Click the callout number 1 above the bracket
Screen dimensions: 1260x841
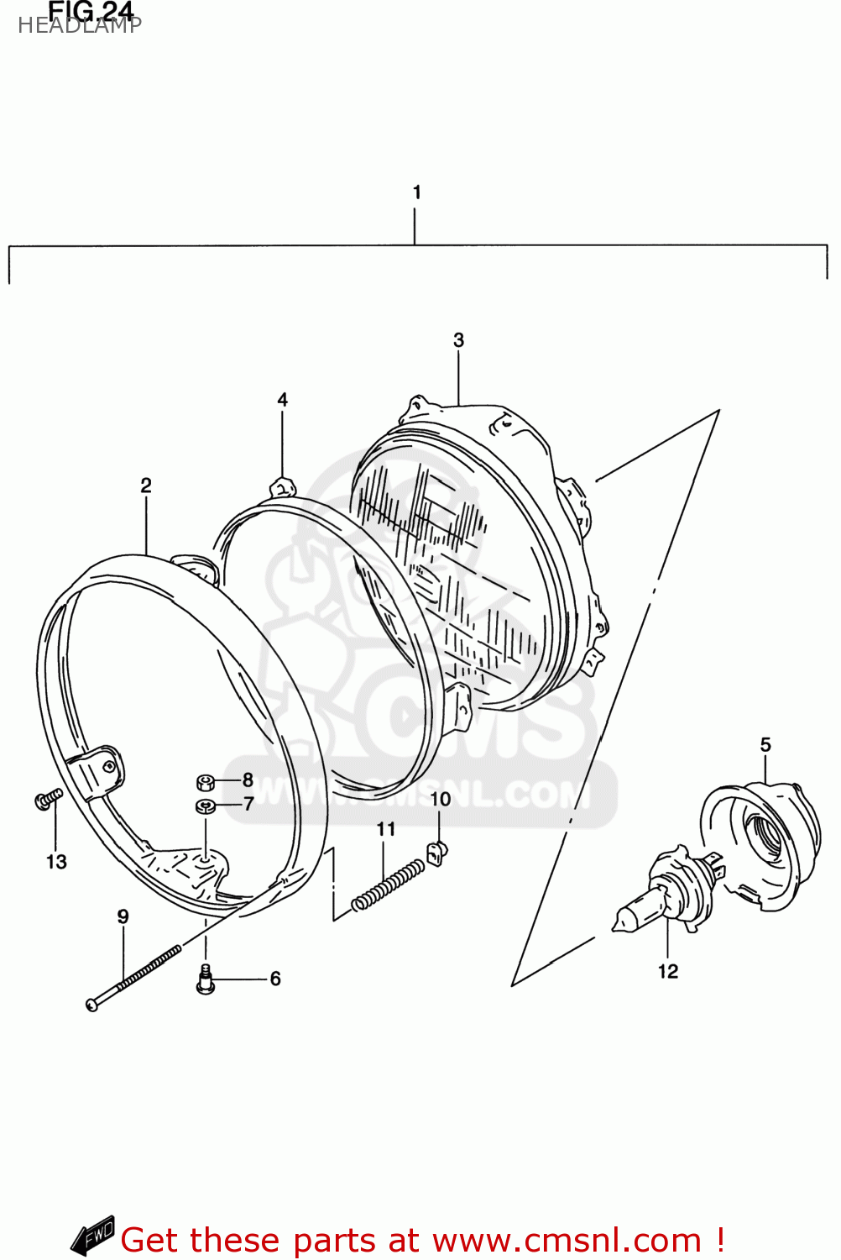[x=416, y=192]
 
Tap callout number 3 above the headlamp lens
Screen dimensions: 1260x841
[x=458, y=340]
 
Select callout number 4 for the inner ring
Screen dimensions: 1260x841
[x=282, y=400]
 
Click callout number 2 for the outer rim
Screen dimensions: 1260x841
[x=146, y=486]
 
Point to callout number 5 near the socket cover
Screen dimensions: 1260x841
[x=765, y=745]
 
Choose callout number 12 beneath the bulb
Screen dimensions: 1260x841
[x=667, y=971]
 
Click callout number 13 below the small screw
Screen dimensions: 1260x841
[x=56, y=862]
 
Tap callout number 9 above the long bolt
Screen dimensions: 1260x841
[x=123, y=916]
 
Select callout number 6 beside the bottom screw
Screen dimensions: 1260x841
[x=275, y=979]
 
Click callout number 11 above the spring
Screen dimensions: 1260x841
[x=385, y=829]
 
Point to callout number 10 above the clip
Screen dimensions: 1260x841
[x=441, y=799]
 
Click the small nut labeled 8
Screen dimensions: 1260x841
[x=205, y=783]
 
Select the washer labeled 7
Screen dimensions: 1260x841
[x=205, y=806]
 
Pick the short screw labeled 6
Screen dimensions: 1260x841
[x=206, y=980]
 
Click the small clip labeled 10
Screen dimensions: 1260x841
[x=436, y=853]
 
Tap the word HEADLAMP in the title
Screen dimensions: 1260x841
[x=80, y=25]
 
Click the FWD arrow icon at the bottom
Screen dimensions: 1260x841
[x=92, y=1236]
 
